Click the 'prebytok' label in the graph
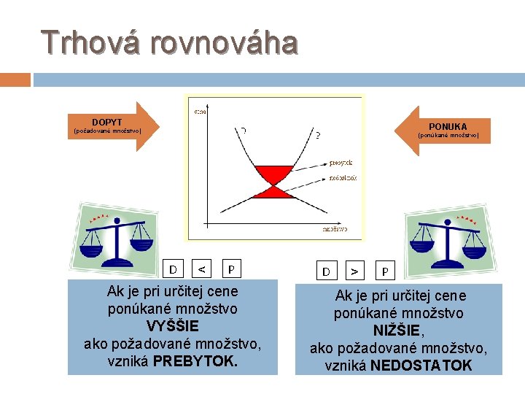click(x=341, y=163)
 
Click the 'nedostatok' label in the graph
click(x=342, y=177)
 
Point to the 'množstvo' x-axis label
click(x=335, y=229)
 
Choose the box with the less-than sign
click(x=201, y=269)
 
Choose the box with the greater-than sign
click(x=354, y=271)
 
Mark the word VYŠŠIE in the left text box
click(x=172, y=325)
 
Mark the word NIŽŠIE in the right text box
click(x=398, y=330)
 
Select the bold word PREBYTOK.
click(x=195, y=360)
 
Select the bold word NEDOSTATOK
click(x=421, y=365)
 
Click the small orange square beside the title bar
click(x=15, y=80)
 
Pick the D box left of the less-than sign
click(x=173, y=269)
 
